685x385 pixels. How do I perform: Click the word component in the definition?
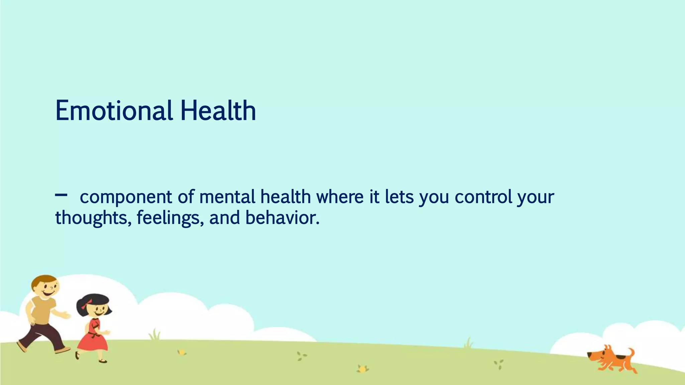[126, 197]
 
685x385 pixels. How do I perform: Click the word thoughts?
[91, 218]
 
